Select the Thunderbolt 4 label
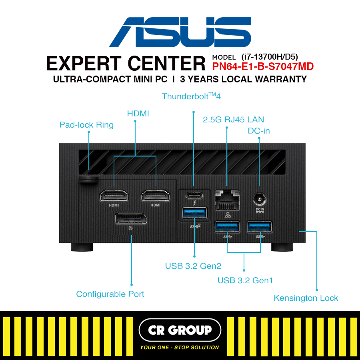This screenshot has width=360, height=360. tap(191, 96)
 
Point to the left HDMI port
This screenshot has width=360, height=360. tap(114, 196)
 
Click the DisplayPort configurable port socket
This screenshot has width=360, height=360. tap(130, 220)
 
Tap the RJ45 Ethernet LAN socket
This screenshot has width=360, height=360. tap(227, 200)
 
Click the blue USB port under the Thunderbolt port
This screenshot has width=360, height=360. tap(194, 213)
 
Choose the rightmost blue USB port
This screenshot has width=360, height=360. tap(260, 227)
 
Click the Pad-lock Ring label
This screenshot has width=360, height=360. tap(86, 125)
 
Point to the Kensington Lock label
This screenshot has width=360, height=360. tap(306, 298)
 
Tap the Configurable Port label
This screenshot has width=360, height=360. tap(110, 294)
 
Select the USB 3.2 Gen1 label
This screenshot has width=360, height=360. tap(245, 280)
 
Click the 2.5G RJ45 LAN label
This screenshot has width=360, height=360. tap(234, 119)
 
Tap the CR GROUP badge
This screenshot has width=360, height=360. tap(180, 330)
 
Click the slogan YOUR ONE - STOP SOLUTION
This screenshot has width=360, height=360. tap(180, 347)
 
